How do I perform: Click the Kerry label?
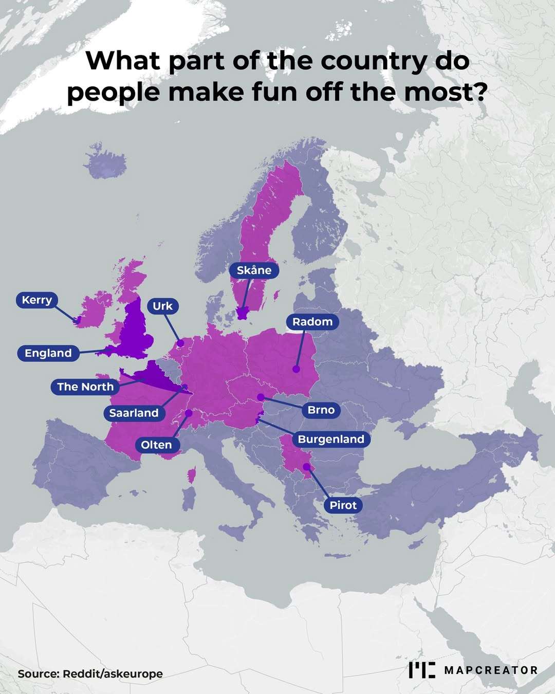(x=37, y=300)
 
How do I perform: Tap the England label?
(x=48, y=353)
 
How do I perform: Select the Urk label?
(x=163, y=306)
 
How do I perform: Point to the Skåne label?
(x=254, y=270)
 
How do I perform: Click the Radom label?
(x=312, y=322)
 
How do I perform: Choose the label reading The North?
(x=85, y=387)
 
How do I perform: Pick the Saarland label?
(x=134, y=413)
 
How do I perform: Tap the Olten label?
(x=156, y=445)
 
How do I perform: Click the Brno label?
(x=321, y=410)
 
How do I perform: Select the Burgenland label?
(x=331, y=439)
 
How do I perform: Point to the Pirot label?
(x=343, y=505)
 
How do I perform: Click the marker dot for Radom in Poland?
(x=296, y=369)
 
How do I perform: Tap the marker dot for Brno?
(x=261, y=397)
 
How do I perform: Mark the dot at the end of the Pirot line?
(x=306, y=466)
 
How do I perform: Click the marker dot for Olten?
(x=189, y=413)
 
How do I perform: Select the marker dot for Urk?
(x=180, y=343)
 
